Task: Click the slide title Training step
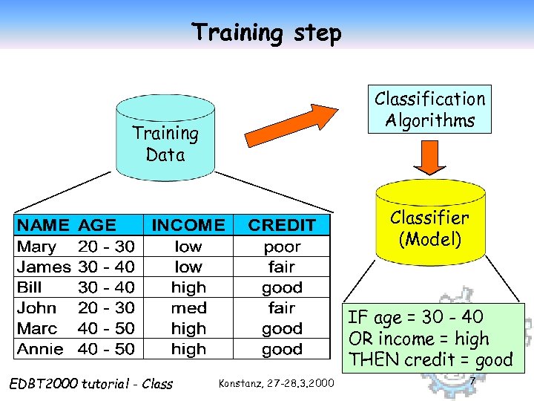(266, 33)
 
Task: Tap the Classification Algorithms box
(429, 109)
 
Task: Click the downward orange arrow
(428, 156)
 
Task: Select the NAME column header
(44, 225)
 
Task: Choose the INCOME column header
(188, 225)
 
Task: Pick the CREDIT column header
(282, 225)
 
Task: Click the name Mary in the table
(37, 247)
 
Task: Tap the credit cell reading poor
(282, 247)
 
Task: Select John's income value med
(188, 307)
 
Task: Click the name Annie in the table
(40, 348)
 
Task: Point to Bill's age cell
(106, 287)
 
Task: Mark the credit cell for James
(282, 267)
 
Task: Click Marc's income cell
(188, 328)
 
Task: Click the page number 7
(472, 382)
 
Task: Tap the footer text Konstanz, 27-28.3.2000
(276, 383)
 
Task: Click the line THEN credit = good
(430, 360)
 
